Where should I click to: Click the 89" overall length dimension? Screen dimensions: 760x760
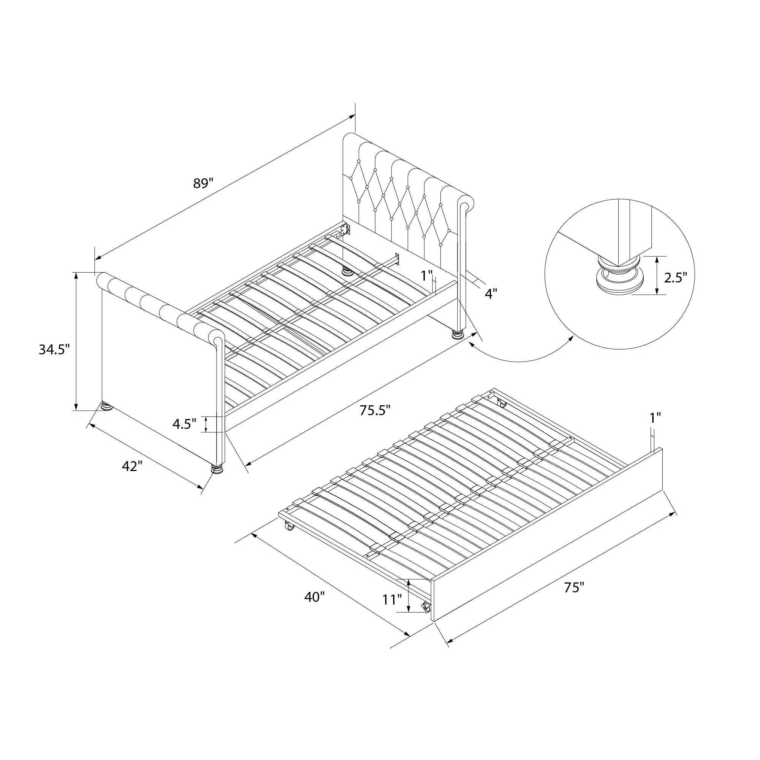click(203, 183)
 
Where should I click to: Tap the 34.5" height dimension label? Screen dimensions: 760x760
click(54, 349)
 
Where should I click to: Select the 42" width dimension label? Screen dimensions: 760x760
click(132, 466)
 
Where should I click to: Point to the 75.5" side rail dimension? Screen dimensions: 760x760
click(375, 410)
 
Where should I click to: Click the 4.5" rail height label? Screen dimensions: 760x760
click(184, 424)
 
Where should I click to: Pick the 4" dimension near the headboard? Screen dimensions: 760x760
click(491, 293)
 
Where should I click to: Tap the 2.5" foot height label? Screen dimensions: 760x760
click(675, 278)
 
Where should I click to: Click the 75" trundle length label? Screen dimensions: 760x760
click(574, 599)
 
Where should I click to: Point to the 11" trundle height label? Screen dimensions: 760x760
click(392, 611)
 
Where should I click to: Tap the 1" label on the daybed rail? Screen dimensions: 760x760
click(427, 276)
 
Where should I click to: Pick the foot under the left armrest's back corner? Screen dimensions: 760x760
click(105, 406)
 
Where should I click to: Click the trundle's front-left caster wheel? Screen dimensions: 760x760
click(290, 526)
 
